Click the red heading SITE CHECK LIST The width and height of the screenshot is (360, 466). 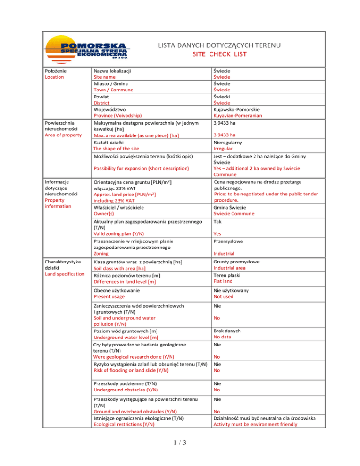pyautogui.click(x=219, y=54)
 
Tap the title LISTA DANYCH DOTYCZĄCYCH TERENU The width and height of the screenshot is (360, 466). pyautogui.click(x=219, y=45)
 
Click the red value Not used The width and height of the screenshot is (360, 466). pyautogui.click(x=225, y=297)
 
